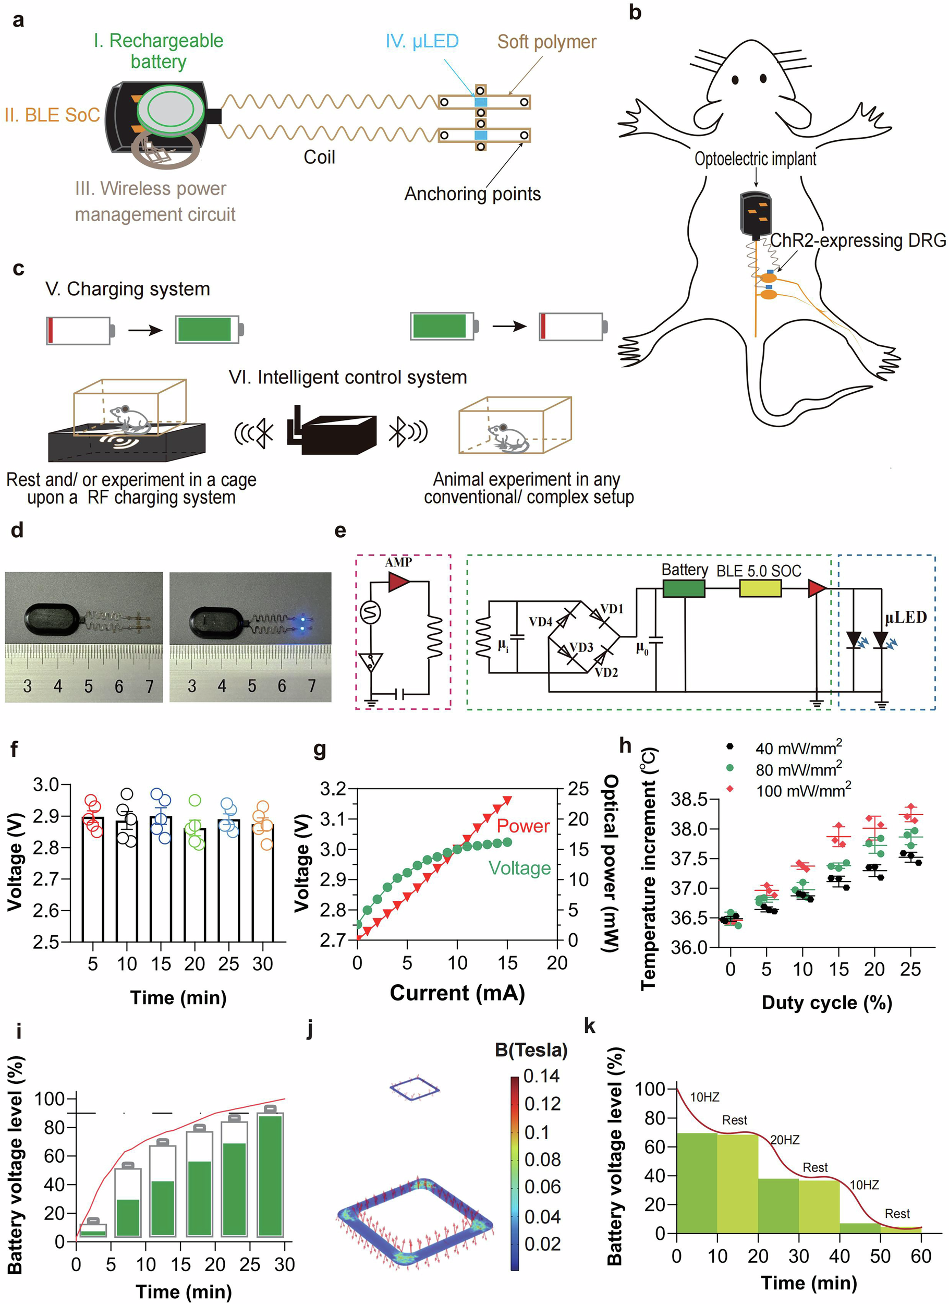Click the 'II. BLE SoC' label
[x=52, y=115]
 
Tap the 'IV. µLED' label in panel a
[x=421, y=41]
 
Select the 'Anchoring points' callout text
[x=472, y=194]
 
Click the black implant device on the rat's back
[x=756, y=215]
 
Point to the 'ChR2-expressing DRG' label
[x=857, y=240]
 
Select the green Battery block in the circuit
[x=684, y=588]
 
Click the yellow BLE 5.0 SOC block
[x=759, y=588]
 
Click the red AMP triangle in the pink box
[x=398, y=581]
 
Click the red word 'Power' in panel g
[x=522, y=826]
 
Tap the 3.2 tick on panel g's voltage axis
[x=333, y=788]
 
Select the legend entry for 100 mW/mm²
[x=802, y=791]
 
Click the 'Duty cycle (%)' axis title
[x=826, y=1003]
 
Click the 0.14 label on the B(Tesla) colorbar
[x=541, y=1076]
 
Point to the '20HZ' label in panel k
[x=784, y=1139]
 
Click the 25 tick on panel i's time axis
[x=249, y=1264]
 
